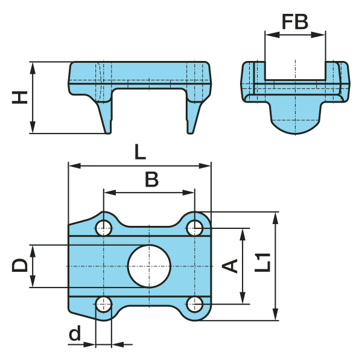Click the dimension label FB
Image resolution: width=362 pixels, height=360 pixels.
(x=295, y=22)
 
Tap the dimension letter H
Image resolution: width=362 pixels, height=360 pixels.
(x=20, y=97)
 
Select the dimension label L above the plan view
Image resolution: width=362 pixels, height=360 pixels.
(x=140, y=152)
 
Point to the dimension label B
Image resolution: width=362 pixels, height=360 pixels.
(x=151, y=179)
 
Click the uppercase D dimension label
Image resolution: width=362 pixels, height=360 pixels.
(x=20, y=265)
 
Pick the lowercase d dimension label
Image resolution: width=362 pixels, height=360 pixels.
(x=75, y=333)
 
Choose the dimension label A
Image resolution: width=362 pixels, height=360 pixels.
(x=230, y=266)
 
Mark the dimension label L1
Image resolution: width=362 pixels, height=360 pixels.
(x=262, y=263)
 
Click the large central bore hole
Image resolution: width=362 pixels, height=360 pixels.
(x=150, y=266)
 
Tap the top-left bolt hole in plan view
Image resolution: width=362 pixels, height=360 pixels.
(x=104, y=228)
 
